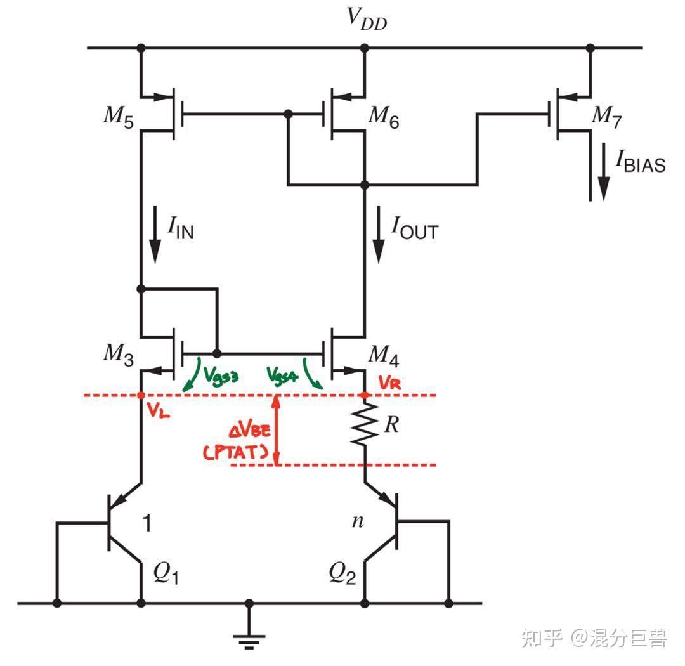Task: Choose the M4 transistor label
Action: [384, 356]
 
